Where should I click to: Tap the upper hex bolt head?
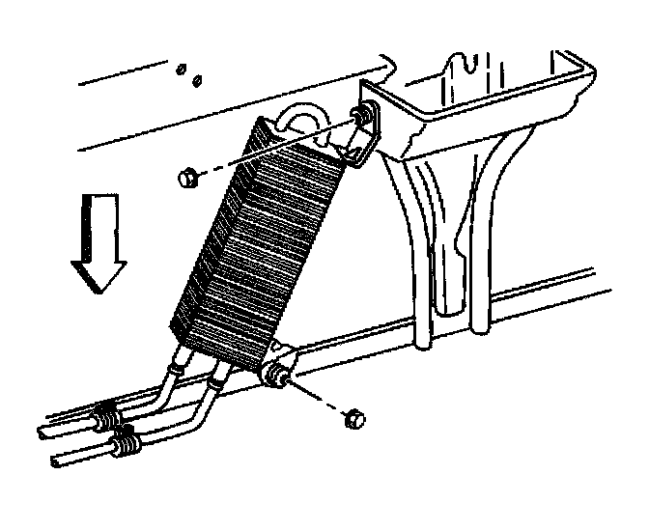pos(189,178)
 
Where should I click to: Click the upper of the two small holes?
pos(181,70)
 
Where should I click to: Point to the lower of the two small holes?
pos(195,79)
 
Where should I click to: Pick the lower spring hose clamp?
pos(125,445)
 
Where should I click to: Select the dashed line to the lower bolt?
pos(320,398)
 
